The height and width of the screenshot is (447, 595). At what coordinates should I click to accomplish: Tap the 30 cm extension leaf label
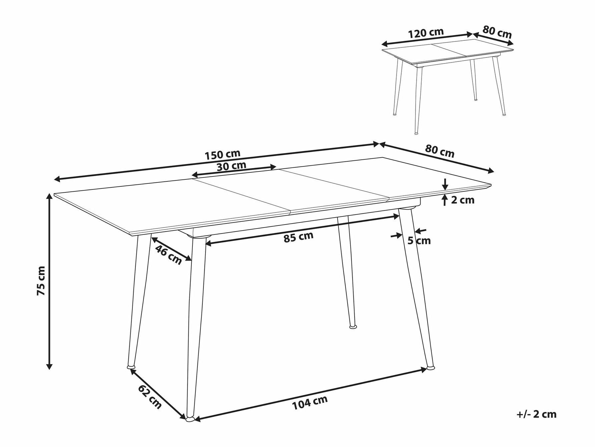click(231, 165)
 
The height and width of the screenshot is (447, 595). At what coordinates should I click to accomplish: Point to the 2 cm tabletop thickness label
click(462, 200)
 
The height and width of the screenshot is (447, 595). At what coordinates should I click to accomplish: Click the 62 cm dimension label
click(150, 397)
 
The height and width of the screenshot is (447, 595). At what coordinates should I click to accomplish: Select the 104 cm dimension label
click(310, 402)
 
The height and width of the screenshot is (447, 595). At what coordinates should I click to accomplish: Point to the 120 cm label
click(426, 33)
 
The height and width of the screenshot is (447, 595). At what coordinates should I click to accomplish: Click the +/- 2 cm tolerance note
click(536, 414)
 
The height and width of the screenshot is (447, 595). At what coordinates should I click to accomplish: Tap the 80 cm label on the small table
click(497, 32)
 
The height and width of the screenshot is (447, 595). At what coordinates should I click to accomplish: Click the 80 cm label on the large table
click(440, 151)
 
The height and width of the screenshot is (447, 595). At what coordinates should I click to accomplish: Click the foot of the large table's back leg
click(353, 326)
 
